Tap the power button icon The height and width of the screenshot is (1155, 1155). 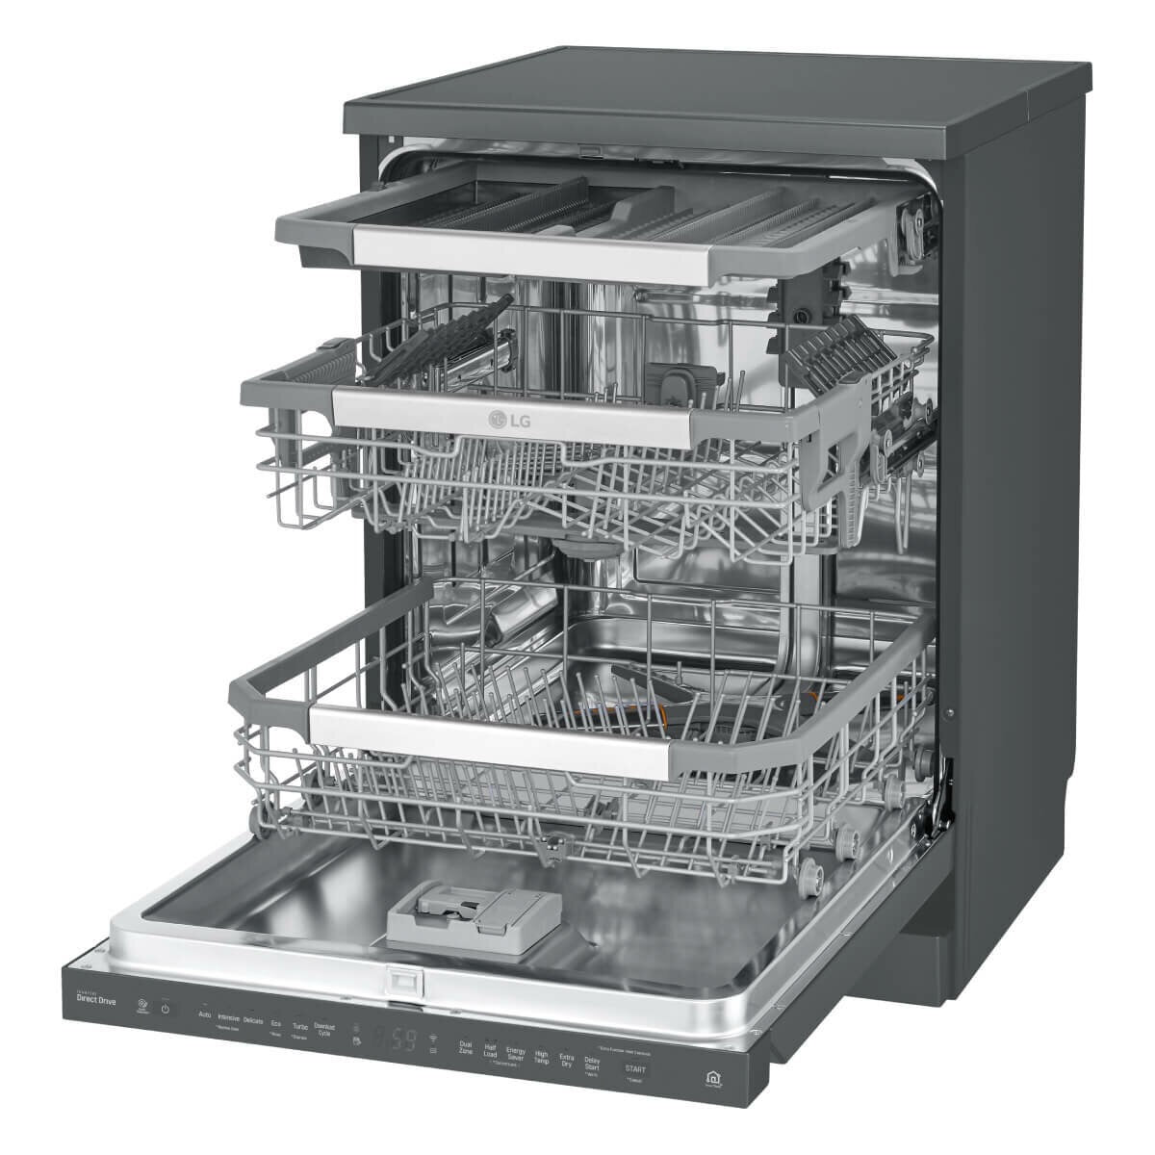click(x=165, y=1009)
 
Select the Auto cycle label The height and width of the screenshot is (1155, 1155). click(x=204, y=1014)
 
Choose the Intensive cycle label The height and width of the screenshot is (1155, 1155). click(x=229, y=1017)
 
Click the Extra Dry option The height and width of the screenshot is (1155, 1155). click(x=566, y=1061)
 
